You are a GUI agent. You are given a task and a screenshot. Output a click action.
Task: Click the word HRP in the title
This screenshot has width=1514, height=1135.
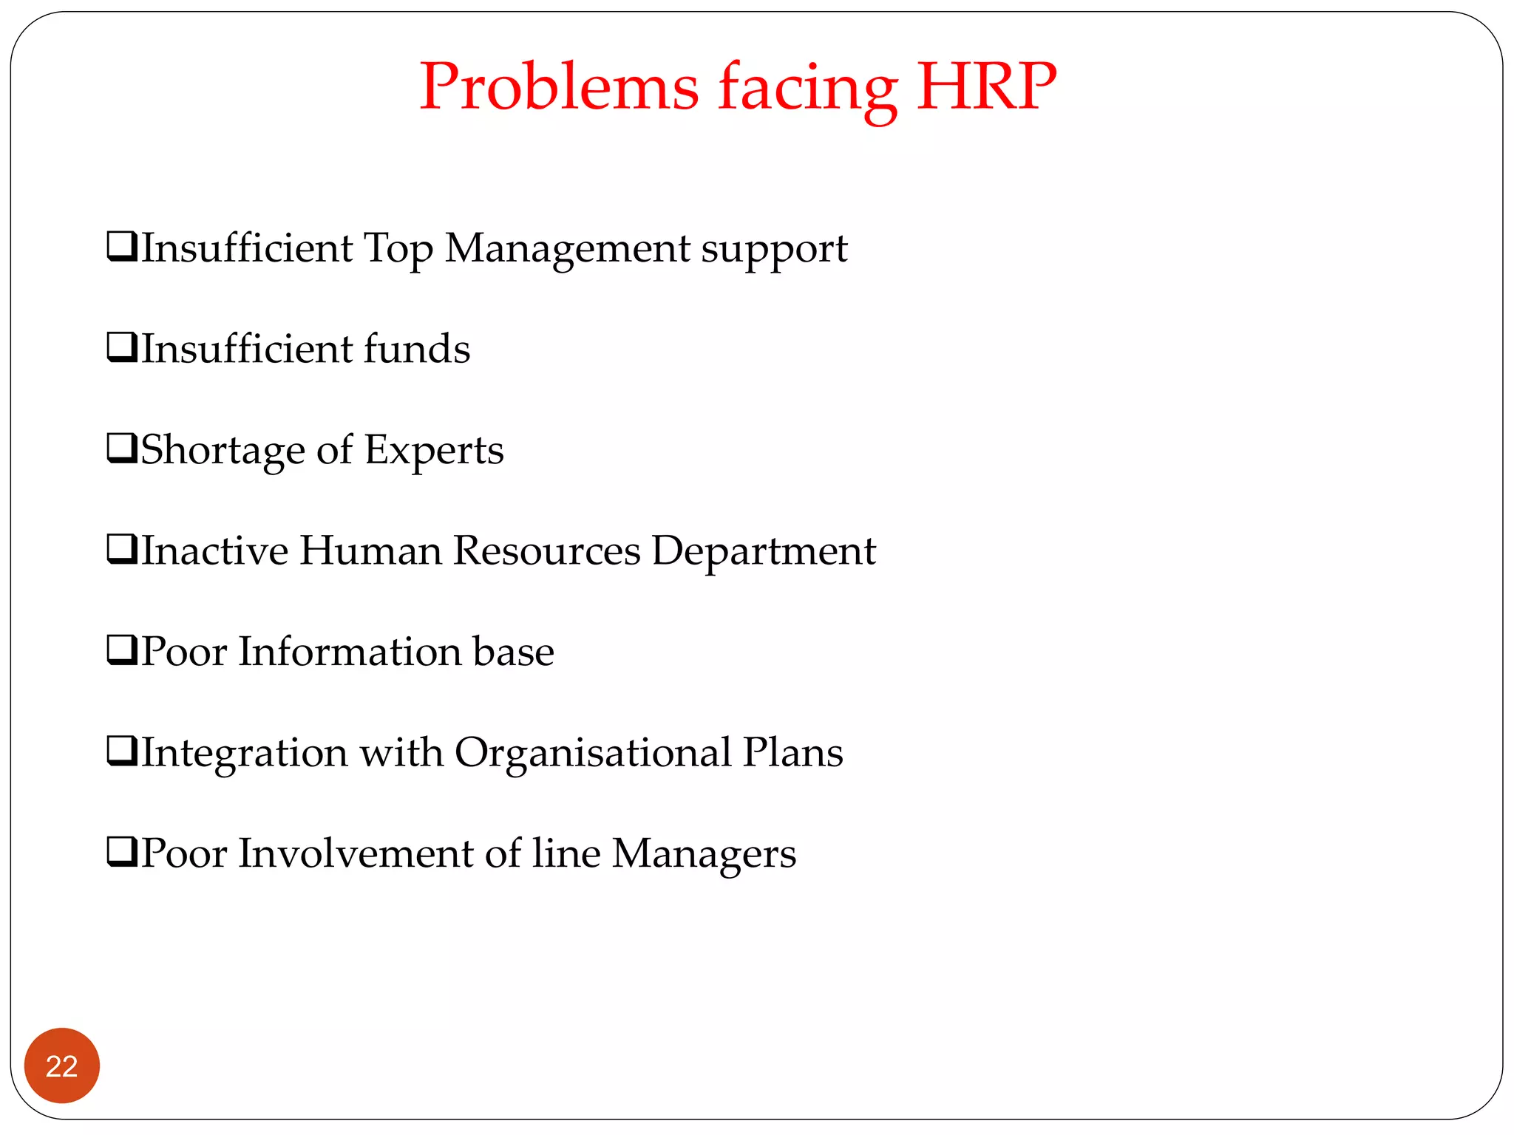tap(986, 87)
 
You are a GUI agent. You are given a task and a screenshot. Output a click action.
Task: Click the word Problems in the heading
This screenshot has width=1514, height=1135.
tap(559, 87)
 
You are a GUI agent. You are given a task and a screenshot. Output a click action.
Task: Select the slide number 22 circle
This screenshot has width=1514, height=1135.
tap(62, 1066)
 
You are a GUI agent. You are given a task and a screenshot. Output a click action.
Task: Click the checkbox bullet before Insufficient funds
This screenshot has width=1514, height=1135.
tap(122, 347)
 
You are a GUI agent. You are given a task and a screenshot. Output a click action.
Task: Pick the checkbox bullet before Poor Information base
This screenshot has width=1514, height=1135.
tap(122, 650)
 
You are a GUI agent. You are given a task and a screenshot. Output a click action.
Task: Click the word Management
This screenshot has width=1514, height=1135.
tap(567, 248)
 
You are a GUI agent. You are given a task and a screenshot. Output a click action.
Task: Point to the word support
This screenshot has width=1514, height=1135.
tap(774, 250)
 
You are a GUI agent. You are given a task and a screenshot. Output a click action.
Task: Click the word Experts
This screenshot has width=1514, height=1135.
tap(434, 450)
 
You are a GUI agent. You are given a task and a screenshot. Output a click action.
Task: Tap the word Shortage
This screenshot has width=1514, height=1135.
tap(223, 450)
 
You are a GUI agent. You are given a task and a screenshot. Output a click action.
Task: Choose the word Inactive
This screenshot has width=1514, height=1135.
tap(214, 551)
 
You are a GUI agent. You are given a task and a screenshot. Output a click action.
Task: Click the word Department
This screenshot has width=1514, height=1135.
tap(764, 551)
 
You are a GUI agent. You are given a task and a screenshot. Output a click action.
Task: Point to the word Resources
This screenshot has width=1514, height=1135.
tap(546, 551)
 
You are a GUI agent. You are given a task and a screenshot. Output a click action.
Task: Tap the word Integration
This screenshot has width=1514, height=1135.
tap(244, 753)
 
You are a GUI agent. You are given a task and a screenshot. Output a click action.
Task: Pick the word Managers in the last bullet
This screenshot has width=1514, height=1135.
tap(704, 854)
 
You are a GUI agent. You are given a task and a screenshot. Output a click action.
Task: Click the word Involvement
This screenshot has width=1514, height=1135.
tap(356, 853)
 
